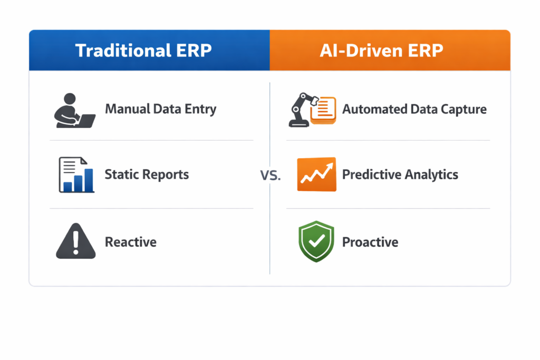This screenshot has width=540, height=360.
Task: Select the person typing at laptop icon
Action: pyautogui.click(x=74, y=110)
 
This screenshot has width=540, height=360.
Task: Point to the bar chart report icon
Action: pyautogui.click(x=76, y=175)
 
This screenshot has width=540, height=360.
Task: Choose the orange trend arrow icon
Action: pyautogui.click(x=316, y=174)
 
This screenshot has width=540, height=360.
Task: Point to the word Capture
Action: pyautogui.click(x=464, y=110)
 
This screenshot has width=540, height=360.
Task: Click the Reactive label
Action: pyautogui.click(x=131, y=242)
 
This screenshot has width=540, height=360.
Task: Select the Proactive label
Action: pyautogui.click(x=370, y=242)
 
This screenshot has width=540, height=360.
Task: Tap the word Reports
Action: pyautogui.click(x=165, y=174)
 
